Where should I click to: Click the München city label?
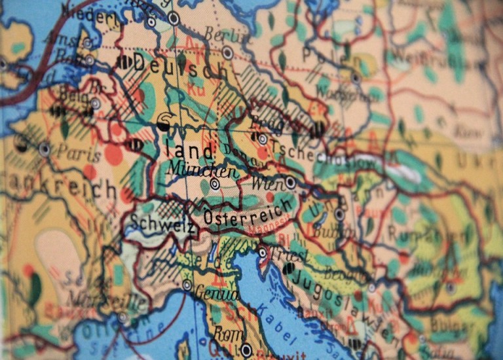point(202,171)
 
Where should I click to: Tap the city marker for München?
point(215,185)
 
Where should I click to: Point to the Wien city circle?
point(290,182)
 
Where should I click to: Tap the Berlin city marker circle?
point(227,52)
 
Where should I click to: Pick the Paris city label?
point(79,152)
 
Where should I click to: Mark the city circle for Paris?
point(45,149)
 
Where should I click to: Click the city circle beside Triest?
point(263,252)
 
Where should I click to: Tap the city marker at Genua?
point(187,285)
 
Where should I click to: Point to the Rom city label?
point(224,334)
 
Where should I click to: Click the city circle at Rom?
point(246,350)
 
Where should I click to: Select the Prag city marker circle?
point(263,139)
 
